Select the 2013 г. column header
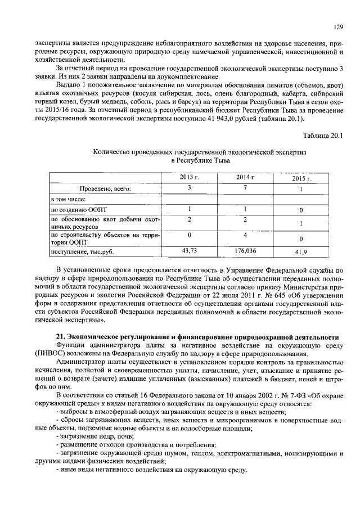pos(190,178)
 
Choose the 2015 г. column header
pos(301,179)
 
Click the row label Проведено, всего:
pos(105,189)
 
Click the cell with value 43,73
pos(190,251)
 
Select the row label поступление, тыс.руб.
pos(79,252)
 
